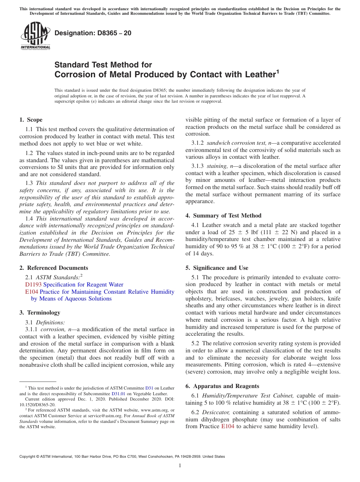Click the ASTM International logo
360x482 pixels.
[35, 36]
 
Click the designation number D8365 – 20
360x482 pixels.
[93, 33]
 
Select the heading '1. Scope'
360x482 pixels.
[31, 120]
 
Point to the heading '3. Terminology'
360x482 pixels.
[40, 313]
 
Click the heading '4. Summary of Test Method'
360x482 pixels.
[223, 216]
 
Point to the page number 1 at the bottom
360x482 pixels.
[180, 466]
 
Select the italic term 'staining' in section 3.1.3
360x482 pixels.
[217, 166]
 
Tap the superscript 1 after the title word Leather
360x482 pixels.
[277, 71]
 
